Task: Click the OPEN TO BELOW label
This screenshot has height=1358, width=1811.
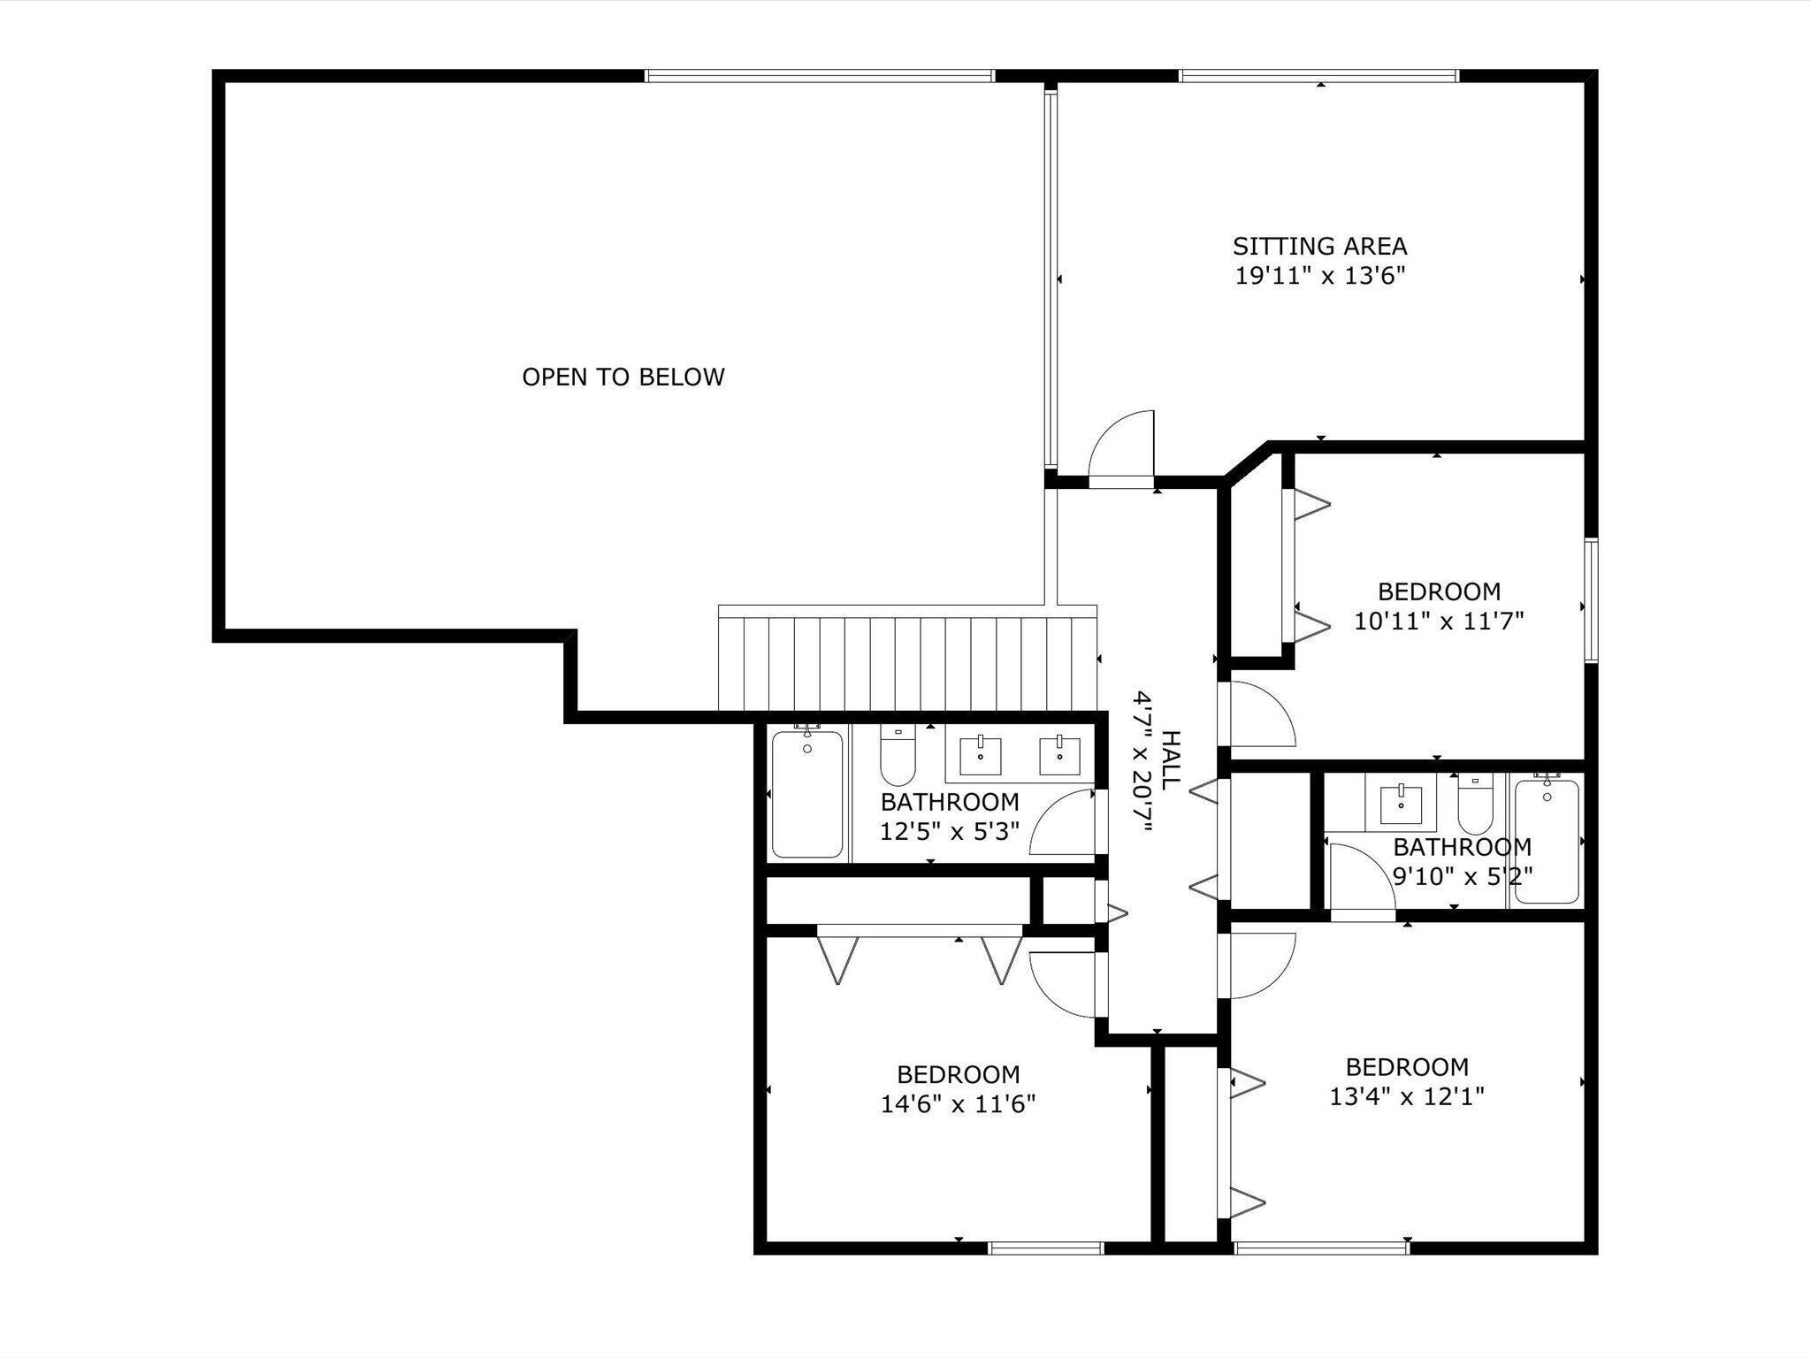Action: coord(623,378)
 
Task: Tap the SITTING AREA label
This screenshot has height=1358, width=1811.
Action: coord(1320,246)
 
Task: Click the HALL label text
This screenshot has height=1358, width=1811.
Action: coord(1170,760)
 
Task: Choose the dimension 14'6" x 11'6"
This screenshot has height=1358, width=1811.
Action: coord(958,1104)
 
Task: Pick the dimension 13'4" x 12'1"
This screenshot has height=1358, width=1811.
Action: coord(1407,1097)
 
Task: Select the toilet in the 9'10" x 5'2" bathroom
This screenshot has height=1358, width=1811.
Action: coord(1474,804)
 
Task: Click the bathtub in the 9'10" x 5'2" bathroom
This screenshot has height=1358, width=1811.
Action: coord(1546,840)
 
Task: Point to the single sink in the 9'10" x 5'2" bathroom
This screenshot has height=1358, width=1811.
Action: coord(1400,803)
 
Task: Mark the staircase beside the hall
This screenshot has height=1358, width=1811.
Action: coord(907,659)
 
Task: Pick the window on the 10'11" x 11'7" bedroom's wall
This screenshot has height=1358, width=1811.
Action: coord(1592,601)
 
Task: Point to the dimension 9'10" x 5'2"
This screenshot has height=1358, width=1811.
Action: coord(1463,877)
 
